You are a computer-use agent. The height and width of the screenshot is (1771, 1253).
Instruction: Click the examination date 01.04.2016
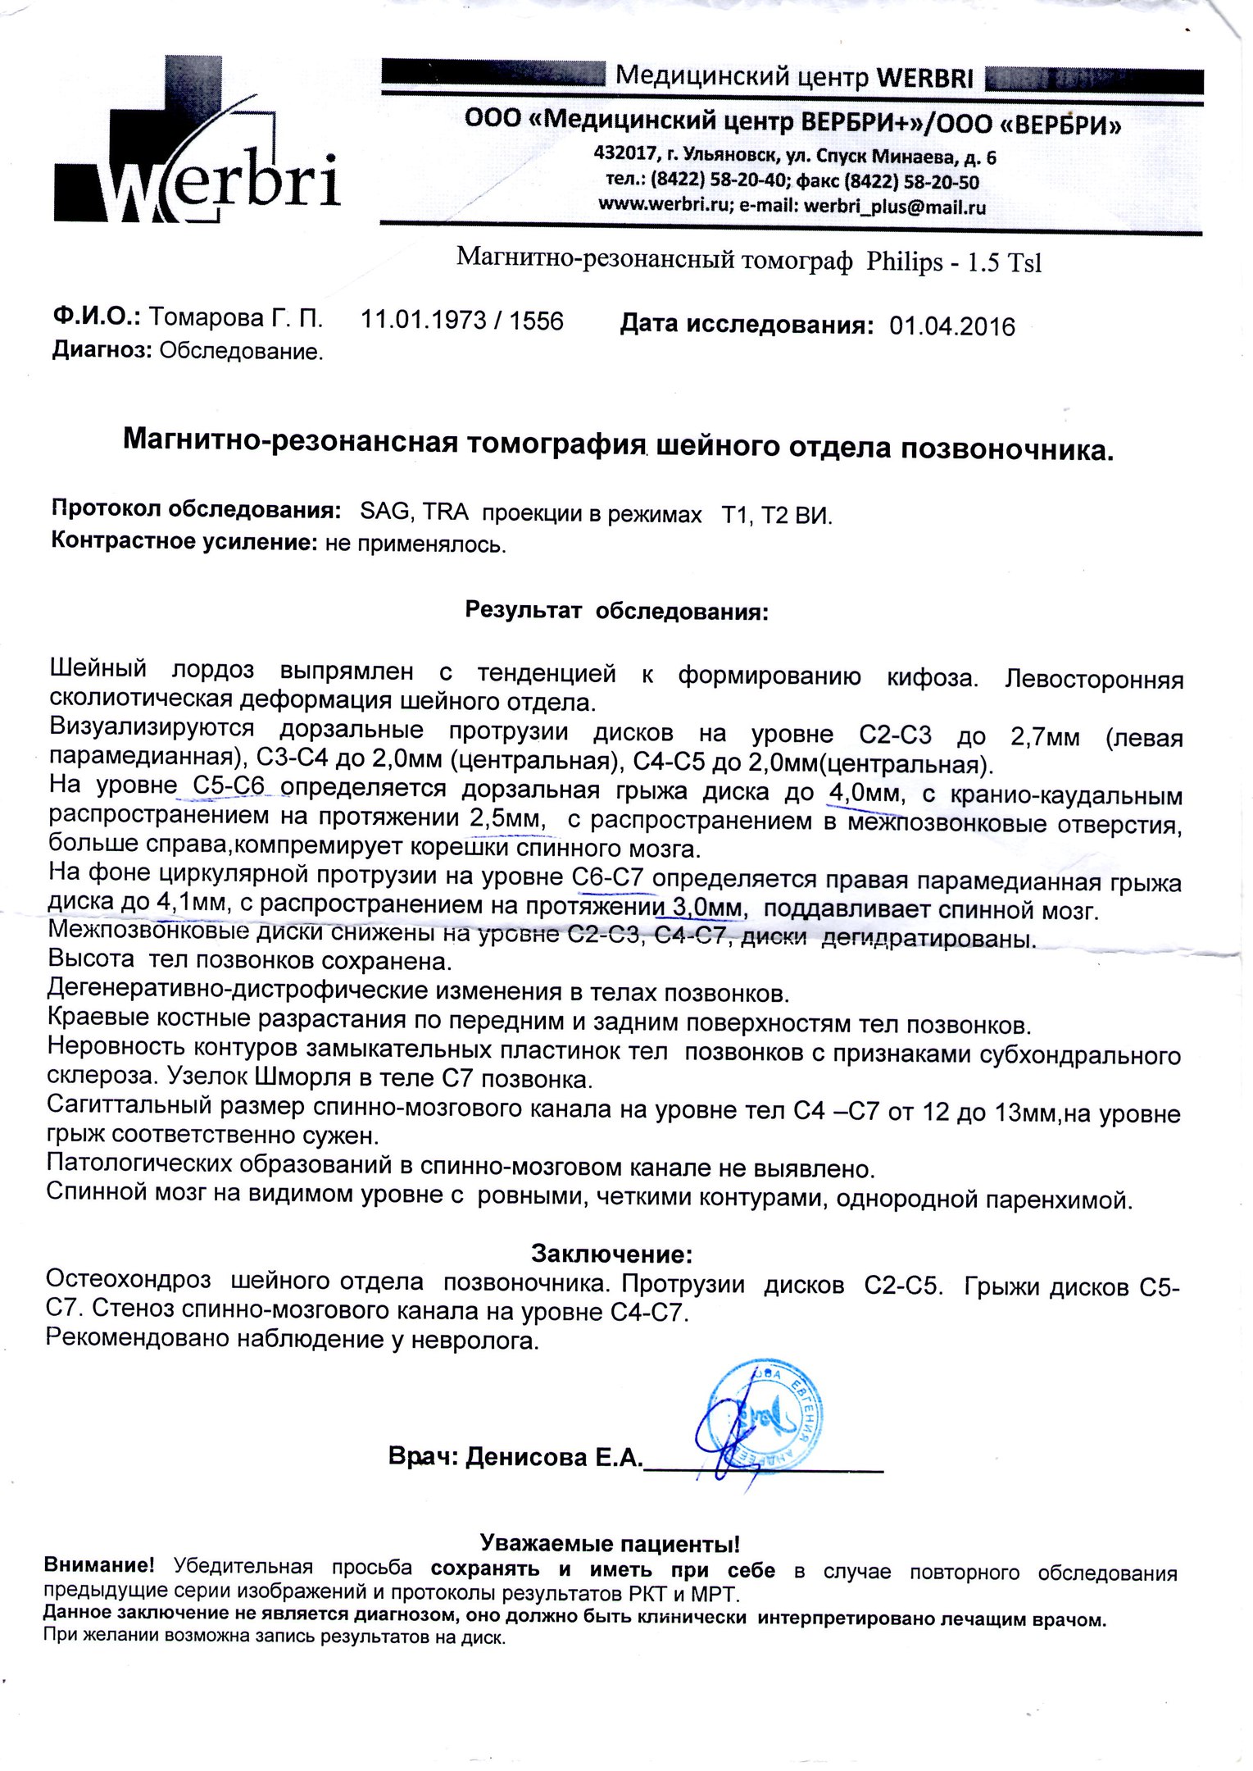point(951,326)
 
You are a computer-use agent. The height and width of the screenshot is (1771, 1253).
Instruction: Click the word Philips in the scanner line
point(905,262)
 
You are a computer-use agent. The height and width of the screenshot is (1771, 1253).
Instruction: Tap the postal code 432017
point(620,155)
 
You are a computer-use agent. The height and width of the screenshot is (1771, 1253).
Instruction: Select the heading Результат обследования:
point(617,611)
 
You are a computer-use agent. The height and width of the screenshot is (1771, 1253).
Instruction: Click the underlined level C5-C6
point(229,787)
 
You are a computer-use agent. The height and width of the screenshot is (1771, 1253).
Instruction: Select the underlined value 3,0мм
point(707,908)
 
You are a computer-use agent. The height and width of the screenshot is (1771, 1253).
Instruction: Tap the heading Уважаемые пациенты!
point(610,1544)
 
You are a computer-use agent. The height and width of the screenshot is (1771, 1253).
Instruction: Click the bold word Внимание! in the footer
point(99,1564)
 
